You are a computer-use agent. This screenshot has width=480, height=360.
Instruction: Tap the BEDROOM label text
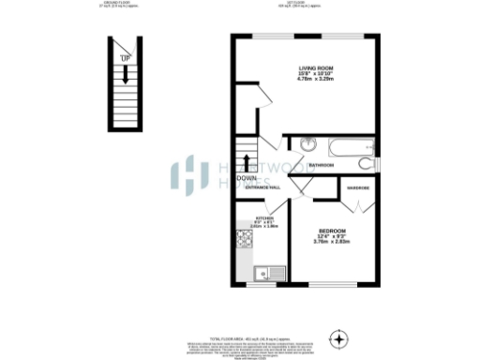coord(331,230)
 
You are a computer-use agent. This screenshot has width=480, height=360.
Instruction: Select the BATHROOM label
coord(321,165)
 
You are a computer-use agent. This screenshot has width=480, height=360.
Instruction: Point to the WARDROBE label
coord(358,187)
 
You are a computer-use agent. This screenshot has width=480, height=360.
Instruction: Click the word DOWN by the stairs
coord(247,178)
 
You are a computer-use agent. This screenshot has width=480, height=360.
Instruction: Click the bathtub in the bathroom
coord(348,145)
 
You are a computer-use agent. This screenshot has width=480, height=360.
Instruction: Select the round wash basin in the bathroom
coord(308,145)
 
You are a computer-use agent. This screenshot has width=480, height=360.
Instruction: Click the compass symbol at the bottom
coord(339,338)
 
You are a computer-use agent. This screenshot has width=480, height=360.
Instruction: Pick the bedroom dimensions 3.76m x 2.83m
coord(331,242)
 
